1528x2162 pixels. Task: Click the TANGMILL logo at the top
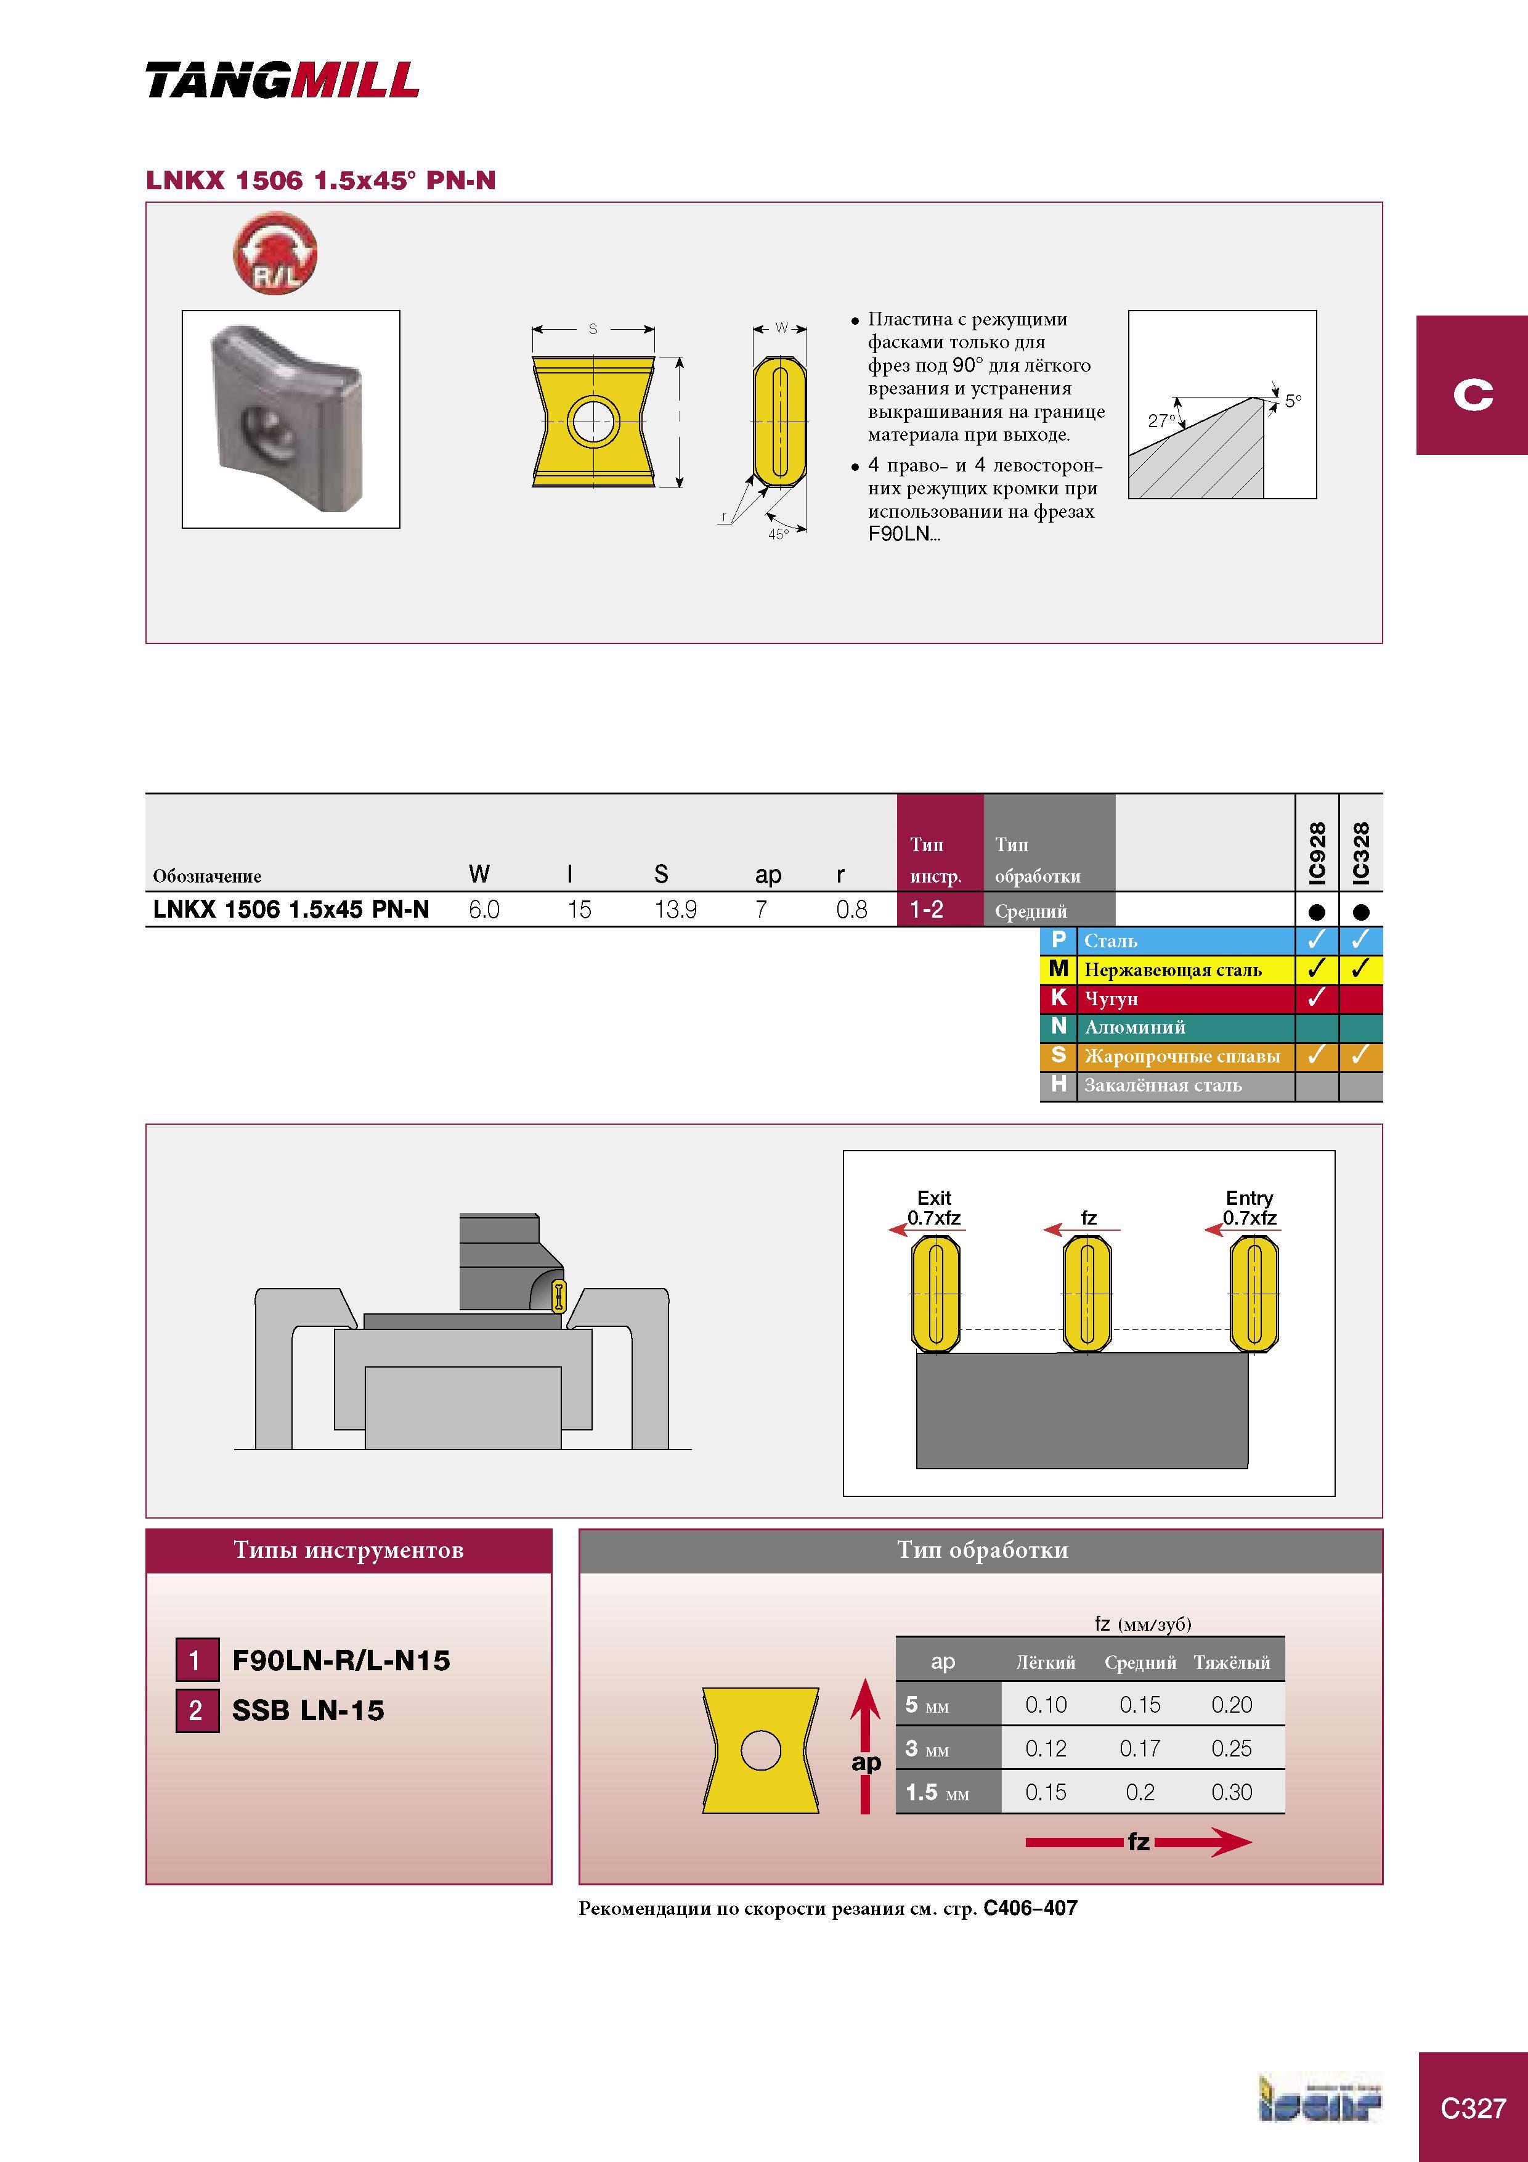point(282,80)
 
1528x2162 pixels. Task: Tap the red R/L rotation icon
point(275,252)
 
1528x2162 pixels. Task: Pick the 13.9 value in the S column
point(676,910)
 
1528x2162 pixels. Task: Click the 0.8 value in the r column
point(852,910)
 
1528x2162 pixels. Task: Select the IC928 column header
point(1317,853)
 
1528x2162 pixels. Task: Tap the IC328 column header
point(1360,853)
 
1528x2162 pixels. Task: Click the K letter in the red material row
point(1059,997)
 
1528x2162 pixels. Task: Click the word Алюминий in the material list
point(1134,1027)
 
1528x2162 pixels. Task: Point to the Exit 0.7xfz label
point(934,1207)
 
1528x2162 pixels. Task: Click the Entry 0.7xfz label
point(1250,1207)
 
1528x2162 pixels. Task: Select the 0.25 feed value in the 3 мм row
point(1232,1748)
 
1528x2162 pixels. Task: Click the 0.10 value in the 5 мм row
point(1046,1704)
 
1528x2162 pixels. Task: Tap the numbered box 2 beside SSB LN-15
point(197,1710)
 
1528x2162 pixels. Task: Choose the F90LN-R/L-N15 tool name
point(341,1660)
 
